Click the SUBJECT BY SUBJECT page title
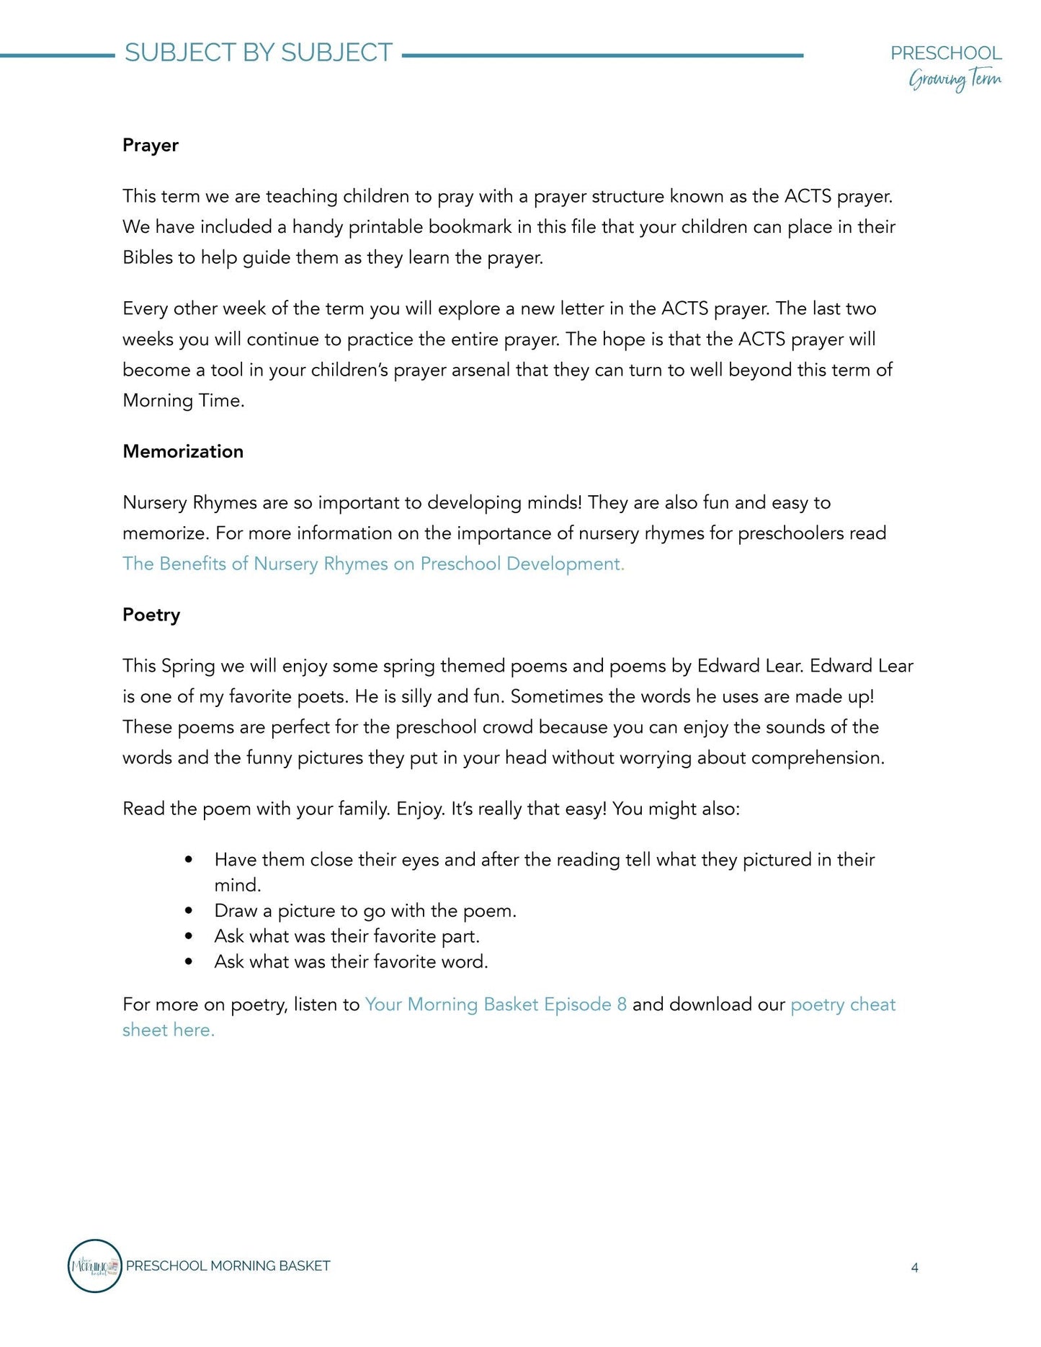[x=258, y=53]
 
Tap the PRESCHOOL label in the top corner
[x=945, y=53]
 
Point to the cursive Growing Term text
[x=955, y=79]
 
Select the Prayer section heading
[x=150, y=145]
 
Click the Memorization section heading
[x=183, y=451]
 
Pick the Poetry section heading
[x=151, y=615]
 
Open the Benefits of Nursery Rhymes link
[x=373, y=564]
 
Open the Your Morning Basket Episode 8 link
[x=496, y=1004]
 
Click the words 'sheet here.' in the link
[x=169, y=1030]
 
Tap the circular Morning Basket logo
[x=94, y=1266]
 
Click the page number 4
[x=914, y=1268]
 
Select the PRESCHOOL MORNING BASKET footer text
[x=228, y=1266]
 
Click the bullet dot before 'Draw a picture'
[x=189, y=911]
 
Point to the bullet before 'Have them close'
[x=189, y=860]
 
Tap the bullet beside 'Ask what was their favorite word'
[x=189, y=961]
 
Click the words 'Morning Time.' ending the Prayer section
[x=184, y=401]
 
